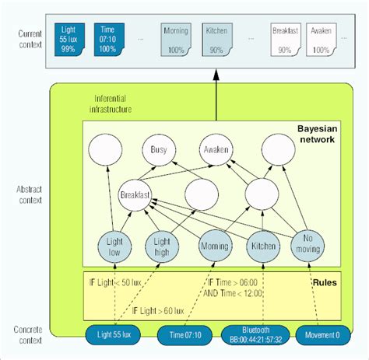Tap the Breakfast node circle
(x=135, y=194)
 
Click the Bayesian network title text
(x=315, y=134)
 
